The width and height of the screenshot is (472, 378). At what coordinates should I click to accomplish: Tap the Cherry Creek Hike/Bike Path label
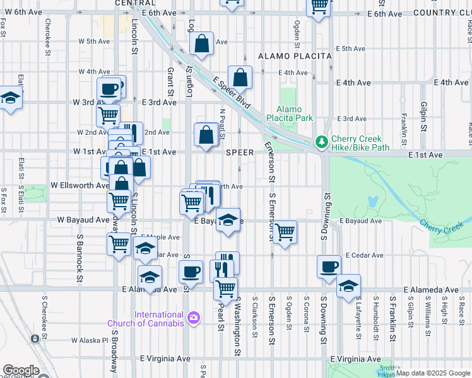[357, 143]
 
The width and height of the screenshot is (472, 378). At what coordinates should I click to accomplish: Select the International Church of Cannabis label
[159, 319]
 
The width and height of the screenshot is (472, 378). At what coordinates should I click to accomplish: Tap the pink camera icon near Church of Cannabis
[194, 318]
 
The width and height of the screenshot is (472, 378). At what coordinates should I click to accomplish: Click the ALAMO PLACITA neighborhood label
[295, 56]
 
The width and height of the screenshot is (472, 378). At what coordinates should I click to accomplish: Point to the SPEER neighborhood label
[240, 152]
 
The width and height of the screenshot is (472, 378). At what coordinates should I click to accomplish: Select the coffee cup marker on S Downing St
[328, 266]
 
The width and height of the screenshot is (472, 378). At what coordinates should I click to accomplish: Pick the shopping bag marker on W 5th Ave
[202, 44]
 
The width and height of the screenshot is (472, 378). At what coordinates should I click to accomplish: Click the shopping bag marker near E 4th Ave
[240, 77]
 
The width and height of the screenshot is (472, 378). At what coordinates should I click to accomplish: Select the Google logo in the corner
[20, 371]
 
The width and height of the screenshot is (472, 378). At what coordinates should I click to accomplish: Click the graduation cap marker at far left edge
[10, 98]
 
